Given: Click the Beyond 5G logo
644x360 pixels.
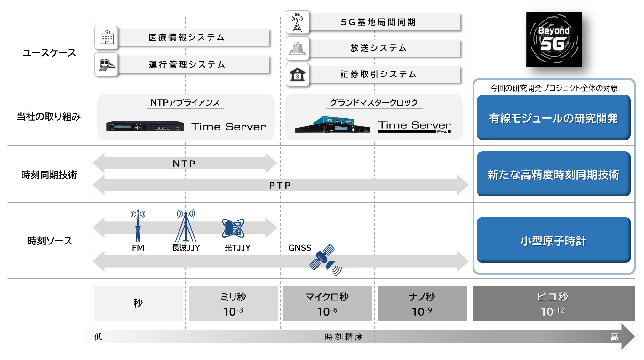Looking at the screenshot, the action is tap(554, 39).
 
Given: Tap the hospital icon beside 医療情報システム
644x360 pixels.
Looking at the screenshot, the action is tap(107, 37).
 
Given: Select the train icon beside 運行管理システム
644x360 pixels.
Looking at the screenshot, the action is tap(107, 64).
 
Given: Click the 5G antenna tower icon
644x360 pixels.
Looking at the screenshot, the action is tap(297, 22).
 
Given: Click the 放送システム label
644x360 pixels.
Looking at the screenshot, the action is tap(378, 48).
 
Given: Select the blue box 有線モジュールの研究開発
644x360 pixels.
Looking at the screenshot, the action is tap(553, 117).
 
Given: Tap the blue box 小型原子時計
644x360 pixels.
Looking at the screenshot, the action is tap(553, 240).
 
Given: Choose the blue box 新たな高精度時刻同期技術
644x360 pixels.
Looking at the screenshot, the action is tap(553, 174).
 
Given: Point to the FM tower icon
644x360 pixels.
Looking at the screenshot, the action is tap(138, 225).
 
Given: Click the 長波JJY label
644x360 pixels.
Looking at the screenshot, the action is tap(186, 248).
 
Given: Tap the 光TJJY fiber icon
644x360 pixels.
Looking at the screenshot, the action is tap(233, 228).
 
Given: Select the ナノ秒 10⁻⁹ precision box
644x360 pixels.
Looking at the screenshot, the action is tap(422, 303).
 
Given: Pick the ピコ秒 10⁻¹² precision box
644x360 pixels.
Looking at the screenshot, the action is tap(554, 303).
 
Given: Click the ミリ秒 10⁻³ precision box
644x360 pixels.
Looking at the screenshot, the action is tap(233, 303).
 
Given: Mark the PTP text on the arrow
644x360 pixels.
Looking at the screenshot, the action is tap(280, 186).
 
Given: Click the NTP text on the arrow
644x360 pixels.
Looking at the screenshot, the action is tap(184, 164).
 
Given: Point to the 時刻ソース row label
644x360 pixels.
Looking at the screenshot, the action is tap(50, 241).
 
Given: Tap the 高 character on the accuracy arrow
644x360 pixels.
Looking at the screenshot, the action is tap(614, 337).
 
